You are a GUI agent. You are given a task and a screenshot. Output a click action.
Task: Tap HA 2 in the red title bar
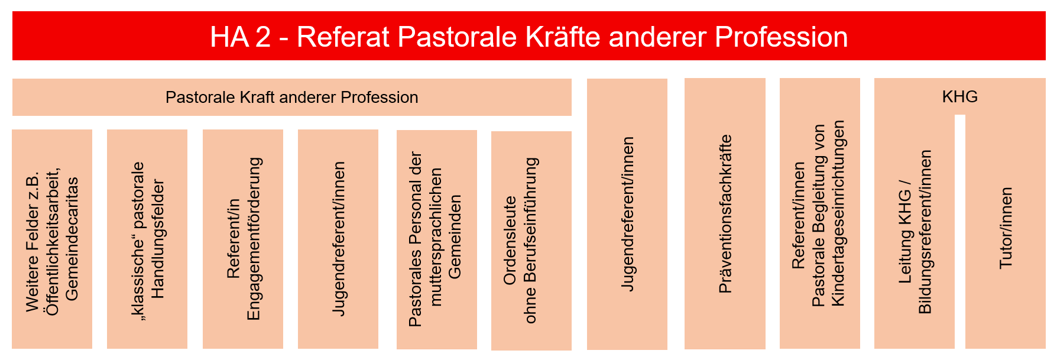(241, 37)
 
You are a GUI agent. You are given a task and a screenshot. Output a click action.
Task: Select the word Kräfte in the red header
(563, 37)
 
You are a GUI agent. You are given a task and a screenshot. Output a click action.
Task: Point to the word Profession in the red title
(781, 37)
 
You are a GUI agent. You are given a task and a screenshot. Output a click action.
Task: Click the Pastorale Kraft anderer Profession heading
(292, 97)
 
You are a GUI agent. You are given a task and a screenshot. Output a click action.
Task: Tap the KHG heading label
(960, 96)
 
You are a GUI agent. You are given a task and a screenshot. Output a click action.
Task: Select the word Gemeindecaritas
(72, 239)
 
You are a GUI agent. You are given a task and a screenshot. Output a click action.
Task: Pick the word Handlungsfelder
(157, 239)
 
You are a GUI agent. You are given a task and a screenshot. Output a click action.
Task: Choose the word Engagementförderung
(253, 239)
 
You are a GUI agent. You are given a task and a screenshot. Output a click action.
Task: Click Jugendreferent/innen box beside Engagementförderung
(338, 239)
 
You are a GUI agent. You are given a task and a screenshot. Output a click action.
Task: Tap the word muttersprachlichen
(436, 237)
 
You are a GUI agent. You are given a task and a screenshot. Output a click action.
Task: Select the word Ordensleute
(510, 240)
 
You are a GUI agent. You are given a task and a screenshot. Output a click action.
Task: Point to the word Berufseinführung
(530, 241)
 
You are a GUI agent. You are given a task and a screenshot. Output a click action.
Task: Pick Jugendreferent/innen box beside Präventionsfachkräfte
(627, 214)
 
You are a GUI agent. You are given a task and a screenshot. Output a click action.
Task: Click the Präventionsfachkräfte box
(725, 214)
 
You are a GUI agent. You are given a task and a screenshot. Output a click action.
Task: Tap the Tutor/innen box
(1006, 231)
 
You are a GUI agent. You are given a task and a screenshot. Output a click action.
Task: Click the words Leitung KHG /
(905, 231)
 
